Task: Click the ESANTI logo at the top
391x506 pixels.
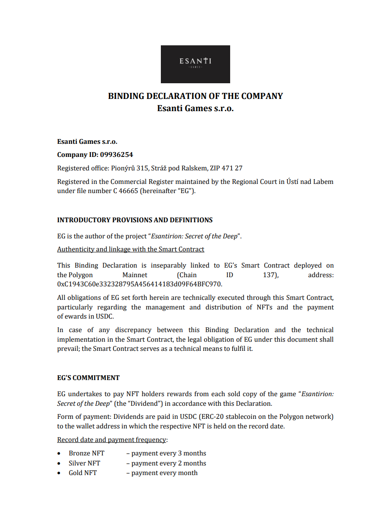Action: [195, 64]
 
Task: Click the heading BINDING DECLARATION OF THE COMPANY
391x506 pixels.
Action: [195, 96]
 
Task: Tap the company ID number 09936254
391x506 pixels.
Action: [116, 155]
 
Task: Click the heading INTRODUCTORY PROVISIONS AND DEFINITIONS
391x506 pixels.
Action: [135, 220]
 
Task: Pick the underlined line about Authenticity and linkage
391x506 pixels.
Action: [130, 249]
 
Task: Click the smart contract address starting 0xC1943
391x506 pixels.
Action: [139, 284]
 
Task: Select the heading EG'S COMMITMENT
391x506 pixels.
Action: [88, 378]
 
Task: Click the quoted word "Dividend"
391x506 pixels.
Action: [141, 404]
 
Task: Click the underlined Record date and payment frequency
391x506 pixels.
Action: [111, 439]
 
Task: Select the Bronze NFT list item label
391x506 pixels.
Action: [86, 453]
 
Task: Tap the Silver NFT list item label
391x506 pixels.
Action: [84, 463]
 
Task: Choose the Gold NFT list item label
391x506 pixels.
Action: [83, 473]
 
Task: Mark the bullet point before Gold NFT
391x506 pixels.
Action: [59, 473]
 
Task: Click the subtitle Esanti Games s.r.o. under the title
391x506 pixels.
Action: [195, 108]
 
